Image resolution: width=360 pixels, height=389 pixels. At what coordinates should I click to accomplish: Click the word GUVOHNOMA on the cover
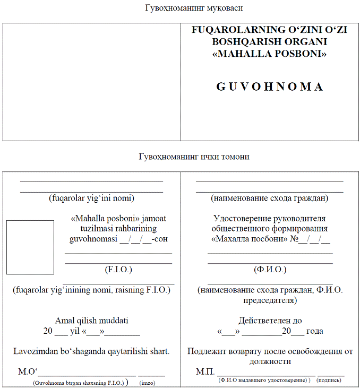pyautogui.click(x=269, y=87)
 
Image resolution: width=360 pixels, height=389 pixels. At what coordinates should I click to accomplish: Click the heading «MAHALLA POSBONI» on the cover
pyautogui.click(x=269, y=54)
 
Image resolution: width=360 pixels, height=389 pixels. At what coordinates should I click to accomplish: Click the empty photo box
pyautogui.click(x=30, y=247)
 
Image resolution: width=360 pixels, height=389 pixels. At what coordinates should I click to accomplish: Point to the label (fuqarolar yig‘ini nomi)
pyautogui.click(x=91, y=198)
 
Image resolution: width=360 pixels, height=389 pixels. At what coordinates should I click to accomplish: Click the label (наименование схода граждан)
pyautogui.click(x=269, y=198)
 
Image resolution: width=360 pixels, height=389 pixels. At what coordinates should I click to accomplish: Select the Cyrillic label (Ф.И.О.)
pyautogui.click(x=270, y=270)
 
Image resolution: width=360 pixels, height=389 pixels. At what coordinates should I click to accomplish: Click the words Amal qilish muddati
pyautogui.click(x=91, y=321)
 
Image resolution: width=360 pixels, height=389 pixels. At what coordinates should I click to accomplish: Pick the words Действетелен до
pyautogui.click(x=270, y=321)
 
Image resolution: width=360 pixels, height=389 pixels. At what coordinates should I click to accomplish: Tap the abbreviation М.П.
pyautogui.click(x=205, y=371)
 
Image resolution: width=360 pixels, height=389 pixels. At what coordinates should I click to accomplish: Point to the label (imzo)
pyautogui.click(x=147, y=382)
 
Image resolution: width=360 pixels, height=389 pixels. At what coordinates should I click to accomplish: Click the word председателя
pyautogui.click(x=270, y=300)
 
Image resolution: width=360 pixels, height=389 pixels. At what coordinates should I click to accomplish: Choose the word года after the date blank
pyautogui.click(x=315, y=331)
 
